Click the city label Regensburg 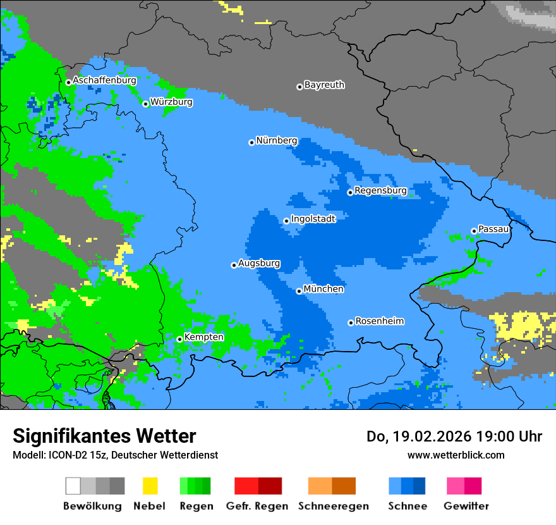[380, 190]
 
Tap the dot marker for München [299, 291]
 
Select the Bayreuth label [324, 85]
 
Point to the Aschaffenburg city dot [68, 82]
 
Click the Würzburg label [171, 102]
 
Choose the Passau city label [493, 229]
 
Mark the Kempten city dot [179, 339]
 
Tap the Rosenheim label [379, 321]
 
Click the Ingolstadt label [313, 219]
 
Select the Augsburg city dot [234, 265]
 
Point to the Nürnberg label [276, 140]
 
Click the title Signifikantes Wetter [104, 436]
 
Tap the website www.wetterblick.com [456, 455]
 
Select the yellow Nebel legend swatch [150, 486]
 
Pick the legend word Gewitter [466, 506]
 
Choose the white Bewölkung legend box [73, 486]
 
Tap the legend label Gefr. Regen [257, 506]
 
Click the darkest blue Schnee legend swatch [420, 486]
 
